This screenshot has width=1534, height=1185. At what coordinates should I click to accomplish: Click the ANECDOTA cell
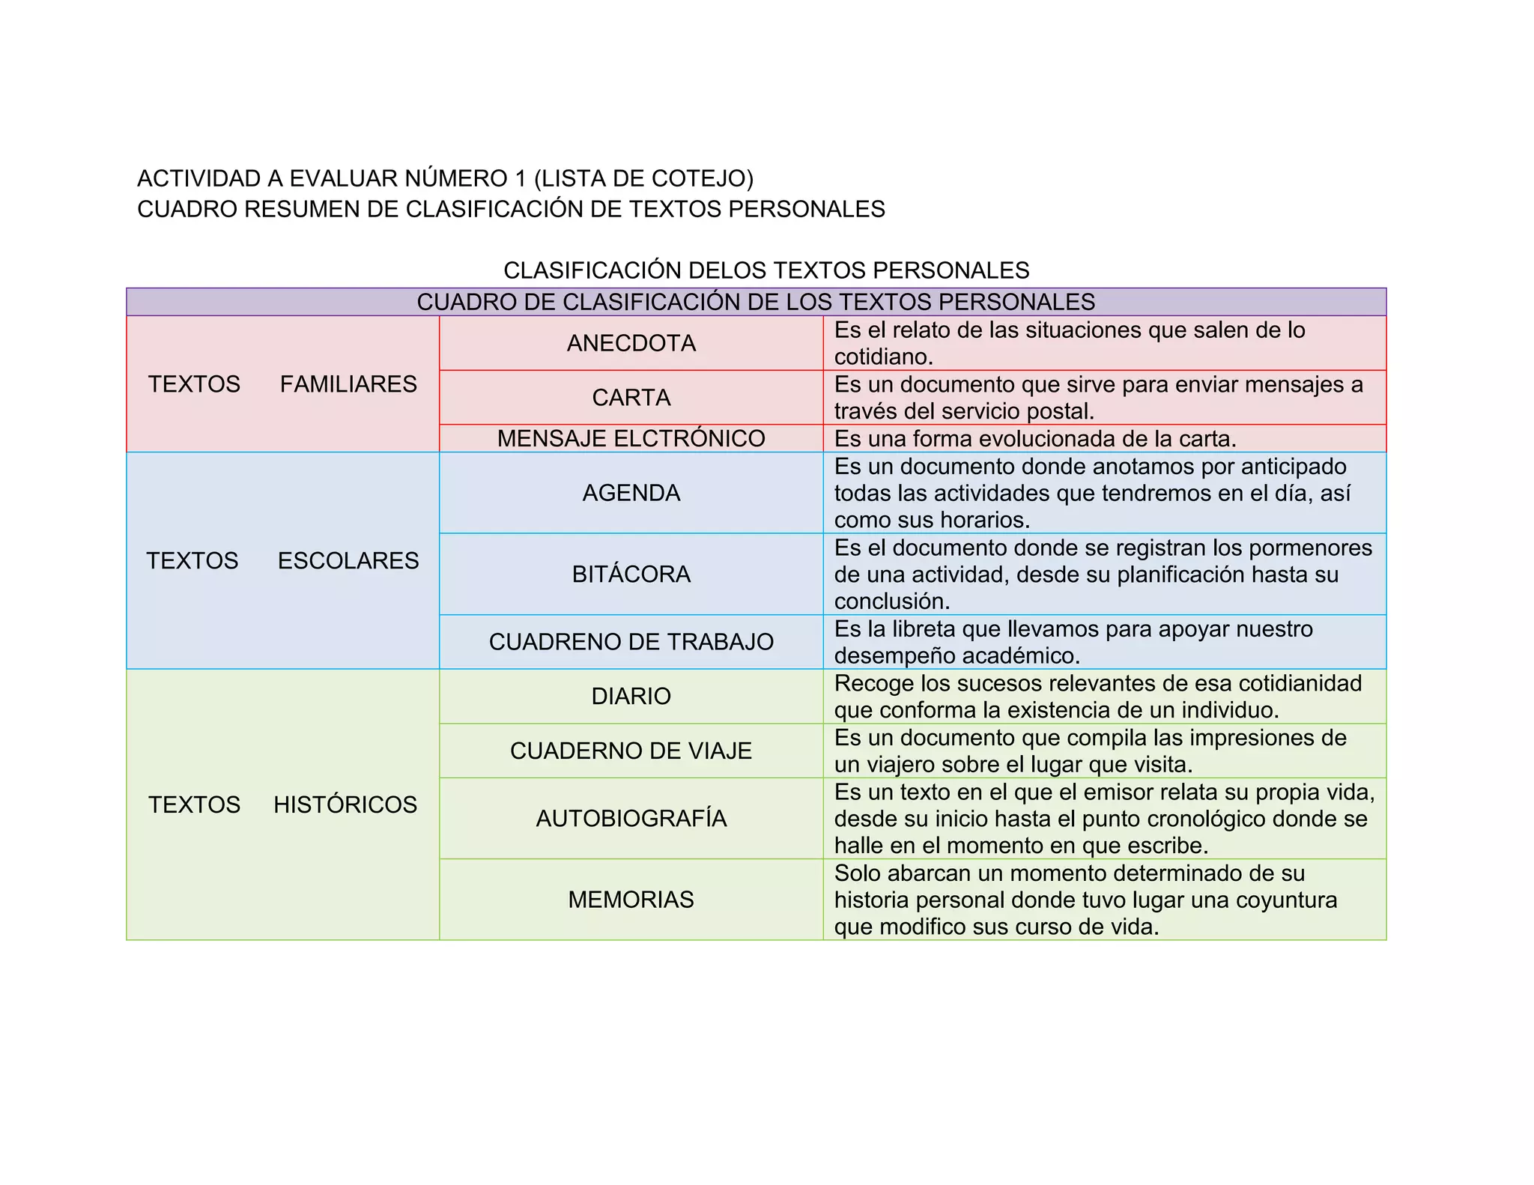pyautogui.click(x=631, y=343)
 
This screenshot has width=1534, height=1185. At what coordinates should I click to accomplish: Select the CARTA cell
pyautogui.click(x=631, y=397)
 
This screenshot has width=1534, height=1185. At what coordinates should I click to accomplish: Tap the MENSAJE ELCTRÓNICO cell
pyautogui.click(x=631, y=438)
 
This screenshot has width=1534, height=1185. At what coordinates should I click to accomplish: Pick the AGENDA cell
pyautogui.click(x=631, y=493)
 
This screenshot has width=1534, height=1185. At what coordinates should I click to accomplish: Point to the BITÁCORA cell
pyautogui.click(x=631, y=574)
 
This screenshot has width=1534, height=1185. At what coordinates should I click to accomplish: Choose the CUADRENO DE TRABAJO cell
pyautogui.click(x=631, y=642)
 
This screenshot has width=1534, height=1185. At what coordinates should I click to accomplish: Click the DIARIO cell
pyautogui.click(x=631, y=696)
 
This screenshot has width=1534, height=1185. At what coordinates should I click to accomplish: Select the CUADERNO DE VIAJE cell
pyautogui.click(x=631, y=751)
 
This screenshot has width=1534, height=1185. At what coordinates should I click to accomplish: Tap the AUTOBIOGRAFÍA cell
pyautogui.click(x=631, y=818)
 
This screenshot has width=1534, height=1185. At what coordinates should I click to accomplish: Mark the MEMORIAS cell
pyautogui.click(x=631, y=899)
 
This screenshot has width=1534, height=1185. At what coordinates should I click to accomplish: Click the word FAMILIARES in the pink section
pyautogui.click(x=348, y=384)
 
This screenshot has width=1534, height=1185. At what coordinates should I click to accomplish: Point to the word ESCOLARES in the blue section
pyautogui.click(x=348, y=560)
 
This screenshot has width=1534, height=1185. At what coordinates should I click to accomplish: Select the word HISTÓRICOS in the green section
pyautogui.click(x=345, y=804)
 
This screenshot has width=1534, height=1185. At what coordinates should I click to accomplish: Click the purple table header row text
pyautogui.click(x=756, y=302)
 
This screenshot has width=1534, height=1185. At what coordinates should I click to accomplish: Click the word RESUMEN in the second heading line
pyautogui.click(x=303, y=209)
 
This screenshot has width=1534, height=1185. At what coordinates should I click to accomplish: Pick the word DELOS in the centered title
pyautogui.click(x=727, y=270)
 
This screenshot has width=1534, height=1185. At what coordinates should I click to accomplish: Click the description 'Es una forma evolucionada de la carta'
pyautogui.click(x=1035, y=438)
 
